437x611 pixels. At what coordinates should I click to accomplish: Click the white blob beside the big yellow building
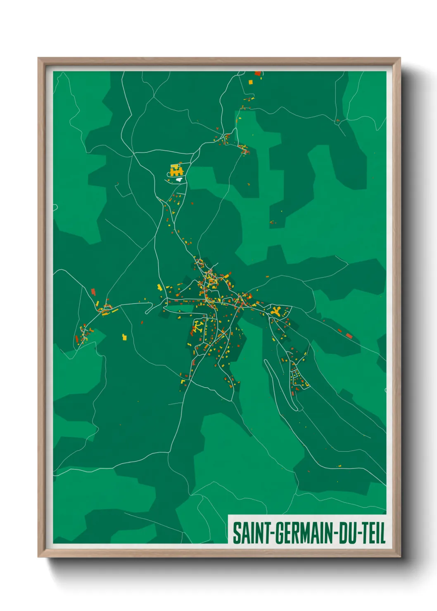click(x=179, y=179)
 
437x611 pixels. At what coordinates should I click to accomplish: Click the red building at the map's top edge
click(x=258, y=74)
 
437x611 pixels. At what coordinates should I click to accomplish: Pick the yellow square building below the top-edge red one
click(x=250, y=82)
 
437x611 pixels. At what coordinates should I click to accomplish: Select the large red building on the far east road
click(x=349, y=336)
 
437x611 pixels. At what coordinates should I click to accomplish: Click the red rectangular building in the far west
click(x=93, y=292)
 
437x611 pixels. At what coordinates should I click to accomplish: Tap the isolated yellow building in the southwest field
click(x=124, y=337)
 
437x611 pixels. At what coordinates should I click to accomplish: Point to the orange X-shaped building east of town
click(x=276, y=311)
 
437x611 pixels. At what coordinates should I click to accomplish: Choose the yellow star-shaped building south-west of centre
click(x=199, y=327)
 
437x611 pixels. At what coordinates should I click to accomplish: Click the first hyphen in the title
click(x=271, y=534)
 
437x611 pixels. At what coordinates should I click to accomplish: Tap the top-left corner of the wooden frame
click(x=38, y=58)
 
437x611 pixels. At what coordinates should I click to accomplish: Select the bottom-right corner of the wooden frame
click(x=400, y=557)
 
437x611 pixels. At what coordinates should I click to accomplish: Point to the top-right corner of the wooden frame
click(x=400, y=58)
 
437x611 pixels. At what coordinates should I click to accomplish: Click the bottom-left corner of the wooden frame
click(x=38, y=557)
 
